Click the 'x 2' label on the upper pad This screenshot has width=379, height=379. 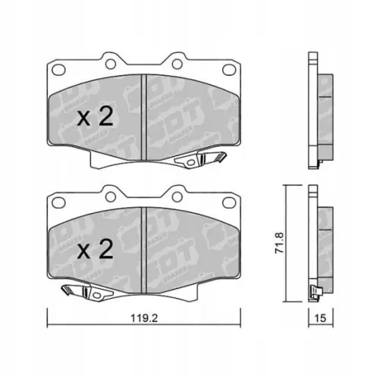(96, 117)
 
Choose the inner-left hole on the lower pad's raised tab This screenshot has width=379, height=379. (115, 193)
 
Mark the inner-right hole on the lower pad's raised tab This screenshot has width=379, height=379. (175, 193)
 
